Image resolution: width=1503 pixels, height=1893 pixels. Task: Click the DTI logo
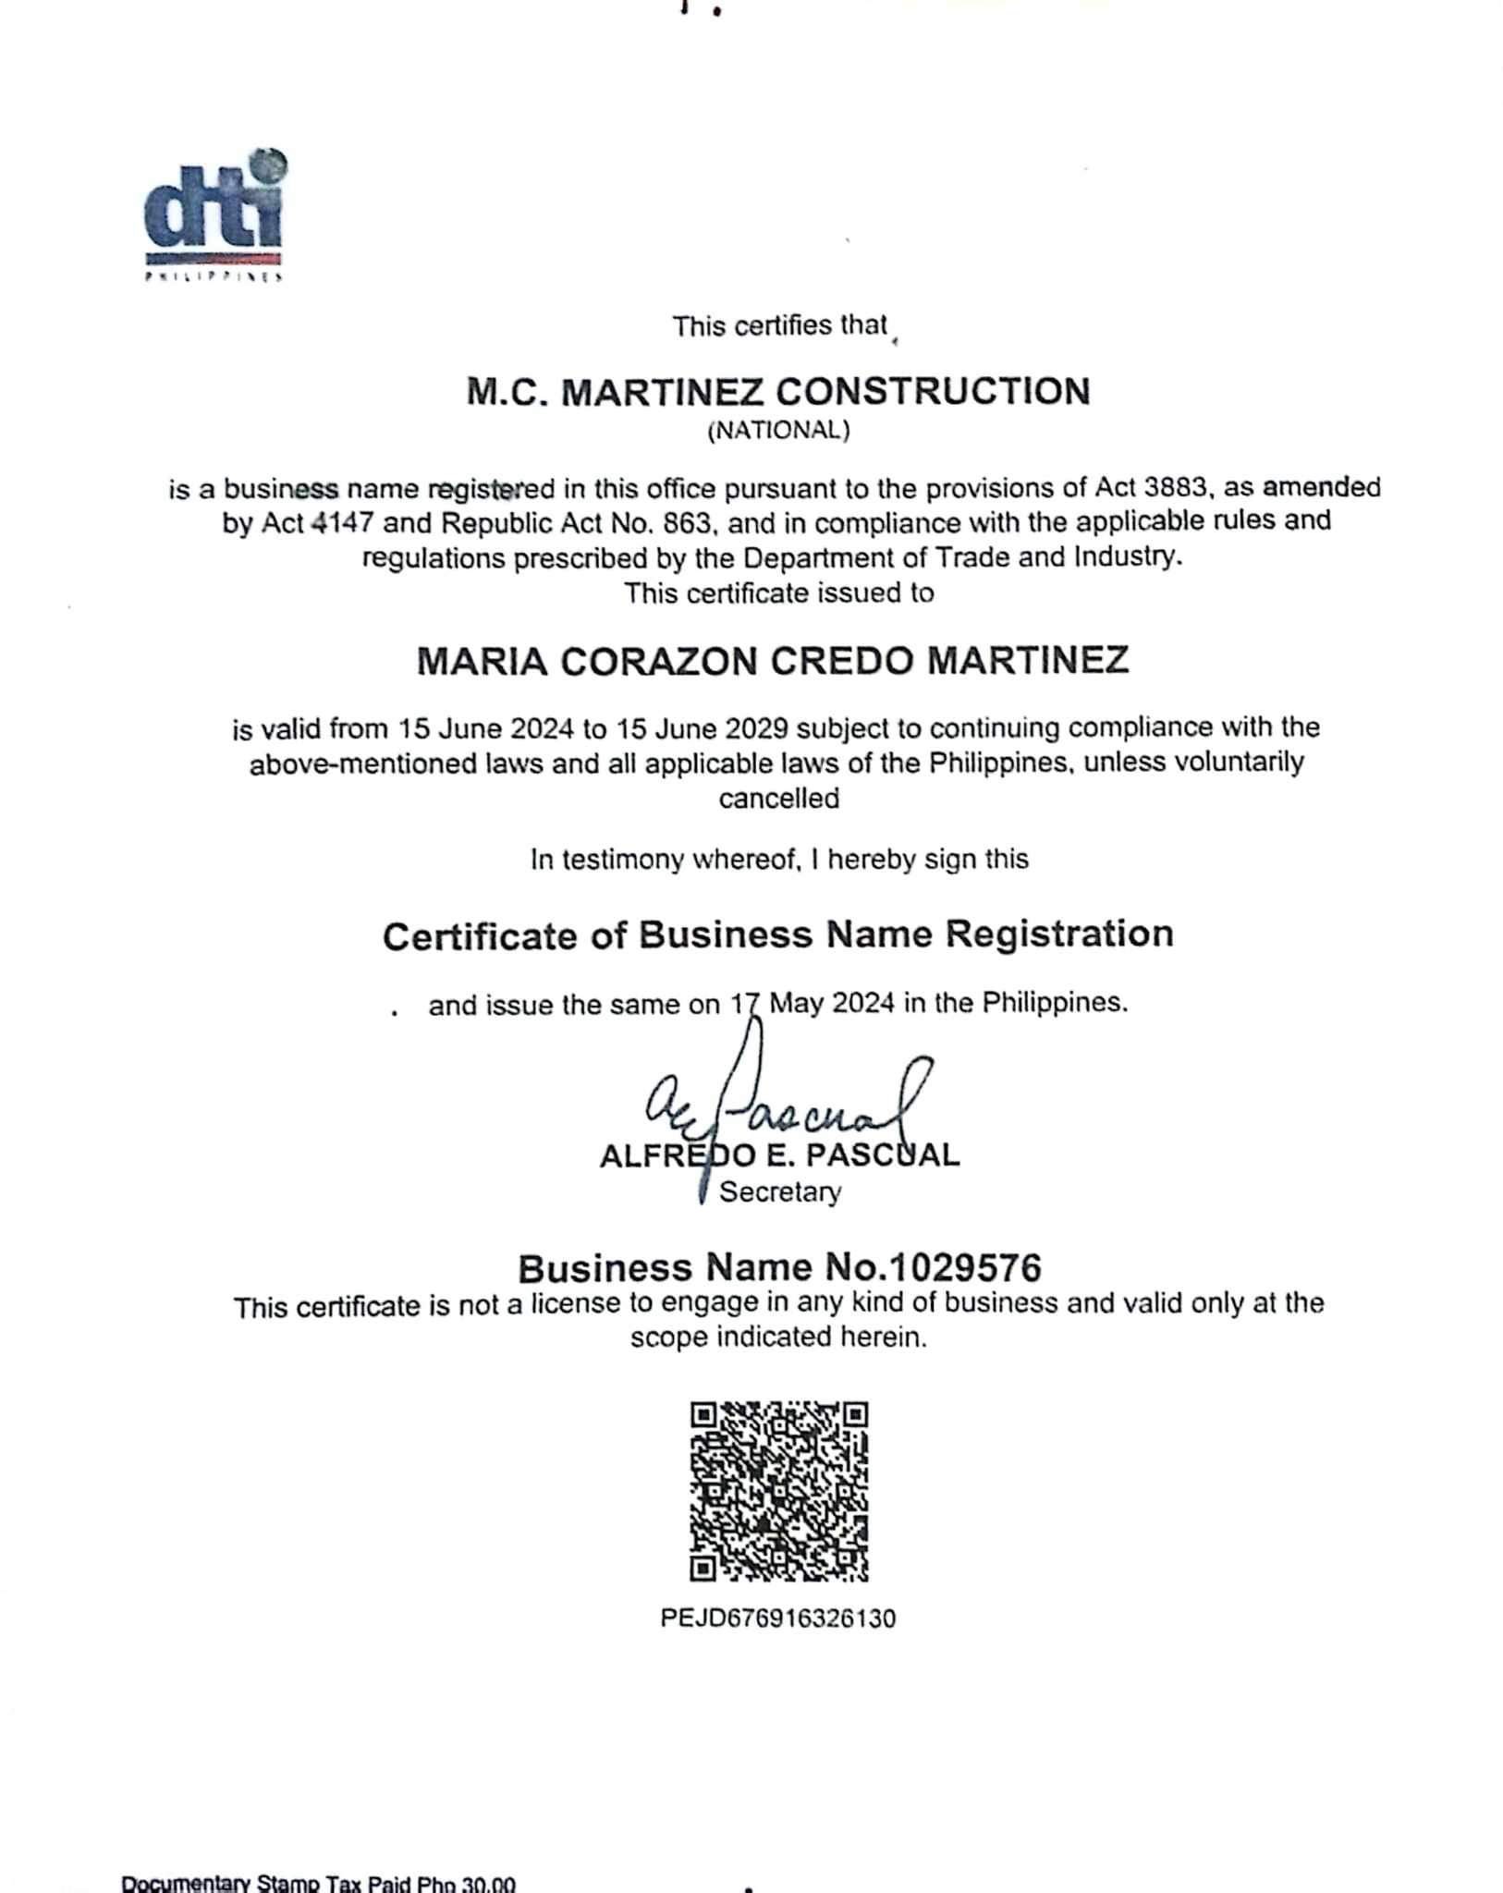(x=215, y=216)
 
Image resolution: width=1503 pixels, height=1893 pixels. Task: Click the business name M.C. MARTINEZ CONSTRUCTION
(x=778, y=392)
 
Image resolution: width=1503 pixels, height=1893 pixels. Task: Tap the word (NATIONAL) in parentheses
(x=778, y=431)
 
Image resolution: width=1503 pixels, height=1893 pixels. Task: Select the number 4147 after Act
(x=342, y=522)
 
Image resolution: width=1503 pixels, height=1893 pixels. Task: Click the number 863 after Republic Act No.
(x=691, y=522)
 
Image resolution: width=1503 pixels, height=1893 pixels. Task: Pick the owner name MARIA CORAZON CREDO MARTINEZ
(x=773, y=661)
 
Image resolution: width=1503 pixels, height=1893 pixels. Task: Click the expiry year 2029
(x=755, y=728)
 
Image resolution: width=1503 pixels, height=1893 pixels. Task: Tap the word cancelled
(x=779, y=798)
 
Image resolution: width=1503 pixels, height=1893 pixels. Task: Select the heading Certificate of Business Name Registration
(x=778, y=935)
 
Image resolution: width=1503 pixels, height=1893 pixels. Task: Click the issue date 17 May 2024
(x=813, y=1003)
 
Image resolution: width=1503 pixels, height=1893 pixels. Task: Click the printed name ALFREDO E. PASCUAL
(x=779, y=1155)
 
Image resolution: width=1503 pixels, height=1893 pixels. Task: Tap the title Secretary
(x=780, y=1192)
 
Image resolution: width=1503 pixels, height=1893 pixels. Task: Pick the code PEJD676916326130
(x=778, y=1618)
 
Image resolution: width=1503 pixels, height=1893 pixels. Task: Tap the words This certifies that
(x=779, y=326)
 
